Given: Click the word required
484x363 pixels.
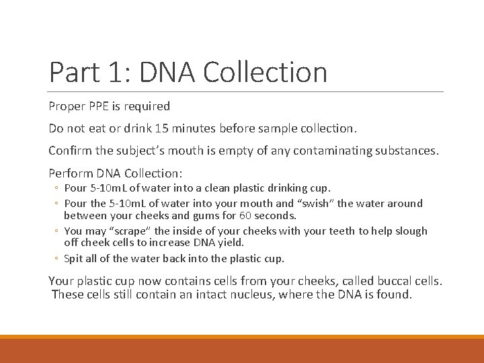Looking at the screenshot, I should click(147, 106).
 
